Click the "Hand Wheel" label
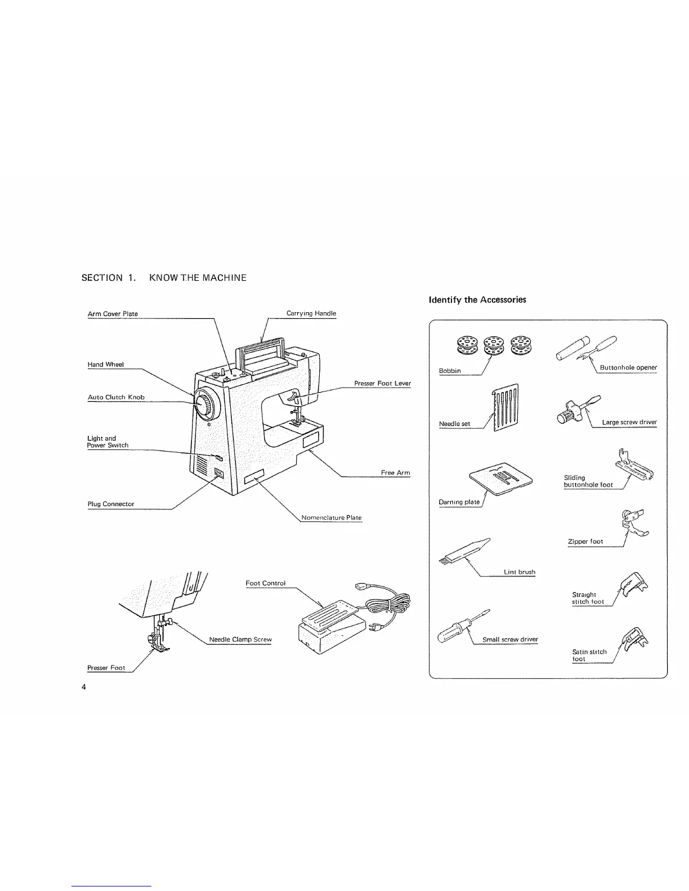105,364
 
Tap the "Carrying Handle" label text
311,313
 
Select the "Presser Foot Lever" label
382,384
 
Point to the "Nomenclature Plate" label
332,517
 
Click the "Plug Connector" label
111,504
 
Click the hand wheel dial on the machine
207,403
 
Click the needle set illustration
505,407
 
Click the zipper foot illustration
633,523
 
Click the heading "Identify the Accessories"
477,300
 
